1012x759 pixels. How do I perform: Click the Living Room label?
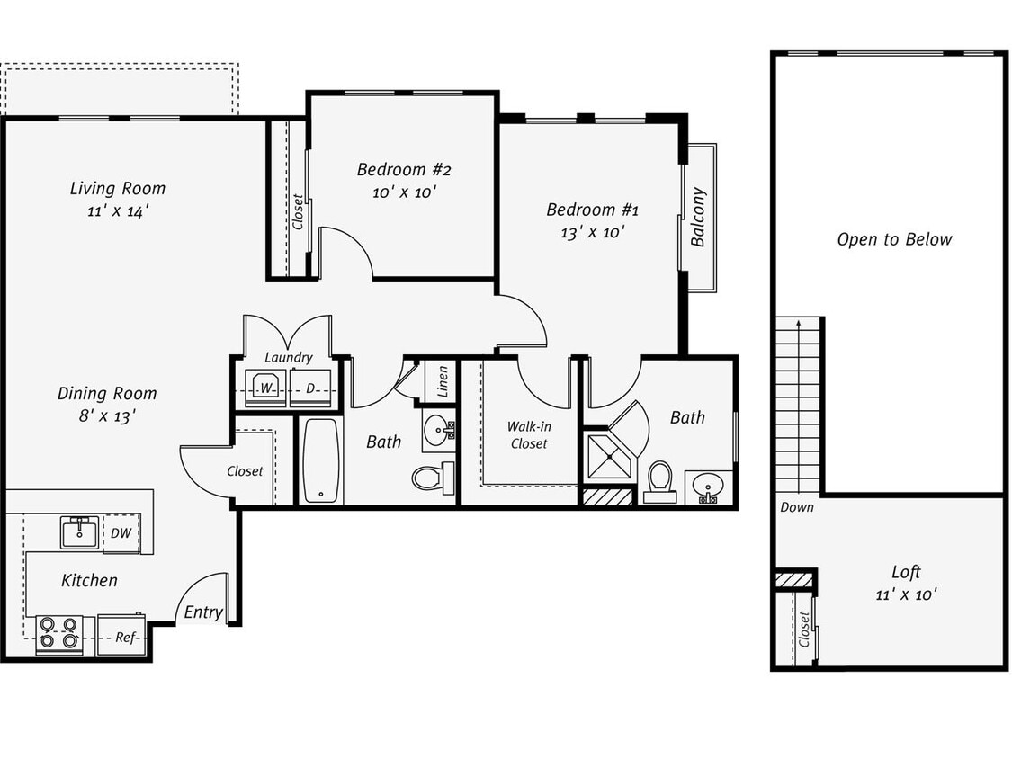118,189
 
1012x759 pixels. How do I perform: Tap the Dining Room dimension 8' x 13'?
107,416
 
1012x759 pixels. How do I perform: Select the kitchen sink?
79,532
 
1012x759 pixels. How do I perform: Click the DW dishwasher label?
121,533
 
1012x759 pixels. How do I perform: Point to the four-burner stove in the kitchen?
58,633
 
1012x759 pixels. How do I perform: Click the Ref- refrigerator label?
126,637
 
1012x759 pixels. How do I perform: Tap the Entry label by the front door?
202,612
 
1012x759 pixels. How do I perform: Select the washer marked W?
265,388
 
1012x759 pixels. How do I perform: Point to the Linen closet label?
443,381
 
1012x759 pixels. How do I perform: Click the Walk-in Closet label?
528,435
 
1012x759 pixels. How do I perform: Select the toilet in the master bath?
660,480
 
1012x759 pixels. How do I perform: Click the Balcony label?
698,217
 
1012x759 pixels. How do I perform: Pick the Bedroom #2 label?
403,170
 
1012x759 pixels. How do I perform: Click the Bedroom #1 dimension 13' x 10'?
592,232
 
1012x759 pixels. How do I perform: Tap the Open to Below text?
893,239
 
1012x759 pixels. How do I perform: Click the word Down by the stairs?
796,507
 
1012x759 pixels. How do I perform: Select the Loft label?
906,572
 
